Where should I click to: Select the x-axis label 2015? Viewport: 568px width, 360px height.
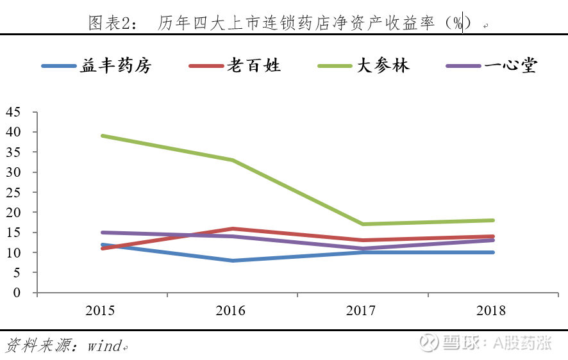point(101,311)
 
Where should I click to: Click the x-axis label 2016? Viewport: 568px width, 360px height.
point(231,311)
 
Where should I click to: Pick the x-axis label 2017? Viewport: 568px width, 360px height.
point(362,311)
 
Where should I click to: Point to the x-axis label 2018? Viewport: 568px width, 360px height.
point(492,311)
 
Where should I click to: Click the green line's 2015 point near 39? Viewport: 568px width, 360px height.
point(102,136)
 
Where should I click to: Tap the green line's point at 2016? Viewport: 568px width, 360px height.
point(232,160)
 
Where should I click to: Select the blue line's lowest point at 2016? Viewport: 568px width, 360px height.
point(232,261)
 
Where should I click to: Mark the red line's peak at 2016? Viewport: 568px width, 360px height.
point(232,228)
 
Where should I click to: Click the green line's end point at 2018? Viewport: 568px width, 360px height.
point(492,220)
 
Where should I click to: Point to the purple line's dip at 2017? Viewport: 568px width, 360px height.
point(362,249)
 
